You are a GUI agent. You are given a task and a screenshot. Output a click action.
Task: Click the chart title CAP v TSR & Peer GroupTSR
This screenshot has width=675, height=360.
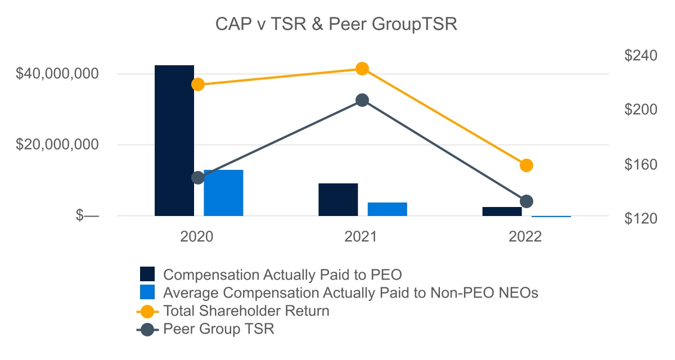click(x=337, y=25)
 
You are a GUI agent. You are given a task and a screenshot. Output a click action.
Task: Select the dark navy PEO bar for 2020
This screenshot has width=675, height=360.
click(x=174, y=141)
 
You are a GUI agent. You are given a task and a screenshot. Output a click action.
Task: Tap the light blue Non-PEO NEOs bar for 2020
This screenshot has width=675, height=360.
click(x=223, y=193)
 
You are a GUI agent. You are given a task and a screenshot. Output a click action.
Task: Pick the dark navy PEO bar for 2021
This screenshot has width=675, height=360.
click(x=338, y=200)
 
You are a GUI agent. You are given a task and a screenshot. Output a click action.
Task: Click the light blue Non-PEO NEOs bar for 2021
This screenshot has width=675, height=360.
click(x=387, y=209)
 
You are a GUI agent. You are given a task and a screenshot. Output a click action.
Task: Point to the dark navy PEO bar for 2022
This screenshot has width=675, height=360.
click(x=502, y=211)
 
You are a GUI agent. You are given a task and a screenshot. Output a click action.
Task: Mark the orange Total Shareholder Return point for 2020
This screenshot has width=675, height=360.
click(x=197, y=84)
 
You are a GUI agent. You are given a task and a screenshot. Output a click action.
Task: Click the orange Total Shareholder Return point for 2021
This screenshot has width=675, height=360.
click(x=362, y=69)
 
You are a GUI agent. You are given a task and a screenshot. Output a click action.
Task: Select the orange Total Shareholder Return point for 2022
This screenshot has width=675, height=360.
click(x=526, y=165)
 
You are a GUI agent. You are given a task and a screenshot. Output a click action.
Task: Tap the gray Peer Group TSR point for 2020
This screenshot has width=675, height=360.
click(x=197, y=178)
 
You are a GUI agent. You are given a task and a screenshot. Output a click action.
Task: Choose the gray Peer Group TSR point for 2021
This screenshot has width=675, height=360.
click(x=362, y=100)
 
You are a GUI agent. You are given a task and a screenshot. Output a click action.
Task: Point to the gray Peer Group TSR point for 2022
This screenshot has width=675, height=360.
click(x=526, y=201)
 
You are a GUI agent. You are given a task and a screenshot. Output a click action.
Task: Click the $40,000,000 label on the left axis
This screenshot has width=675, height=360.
click(x=58, y=74)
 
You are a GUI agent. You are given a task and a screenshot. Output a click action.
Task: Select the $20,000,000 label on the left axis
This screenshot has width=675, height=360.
click(x=58, y=145)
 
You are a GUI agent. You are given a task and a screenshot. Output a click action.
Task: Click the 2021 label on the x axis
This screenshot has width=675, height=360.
click(x=361, y=237)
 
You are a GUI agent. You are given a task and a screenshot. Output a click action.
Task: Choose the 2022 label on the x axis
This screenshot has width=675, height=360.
click(x=525, y=237)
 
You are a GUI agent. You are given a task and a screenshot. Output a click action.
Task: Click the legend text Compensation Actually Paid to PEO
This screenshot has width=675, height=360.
click(x=282, y=275)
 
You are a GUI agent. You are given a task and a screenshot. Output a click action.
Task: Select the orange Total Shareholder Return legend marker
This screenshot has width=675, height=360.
click(x=147, y=310)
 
